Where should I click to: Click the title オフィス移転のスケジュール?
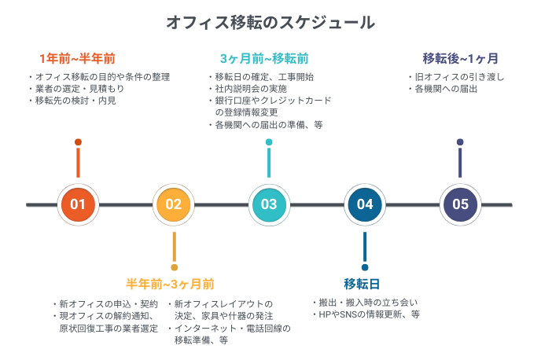270,22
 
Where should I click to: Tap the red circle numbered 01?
78,204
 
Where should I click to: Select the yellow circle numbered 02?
174,204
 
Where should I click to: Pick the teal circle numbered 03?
269,204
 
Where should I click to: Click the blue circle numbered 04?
365,204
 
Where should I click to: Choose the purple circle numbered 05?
460,204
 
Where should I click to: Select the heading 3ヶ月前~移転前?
263,59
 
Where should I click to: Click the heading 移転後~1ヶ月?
460,59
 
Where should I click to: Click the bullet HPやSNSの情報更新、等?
369,314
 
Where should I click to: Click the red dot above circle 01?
78,142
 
